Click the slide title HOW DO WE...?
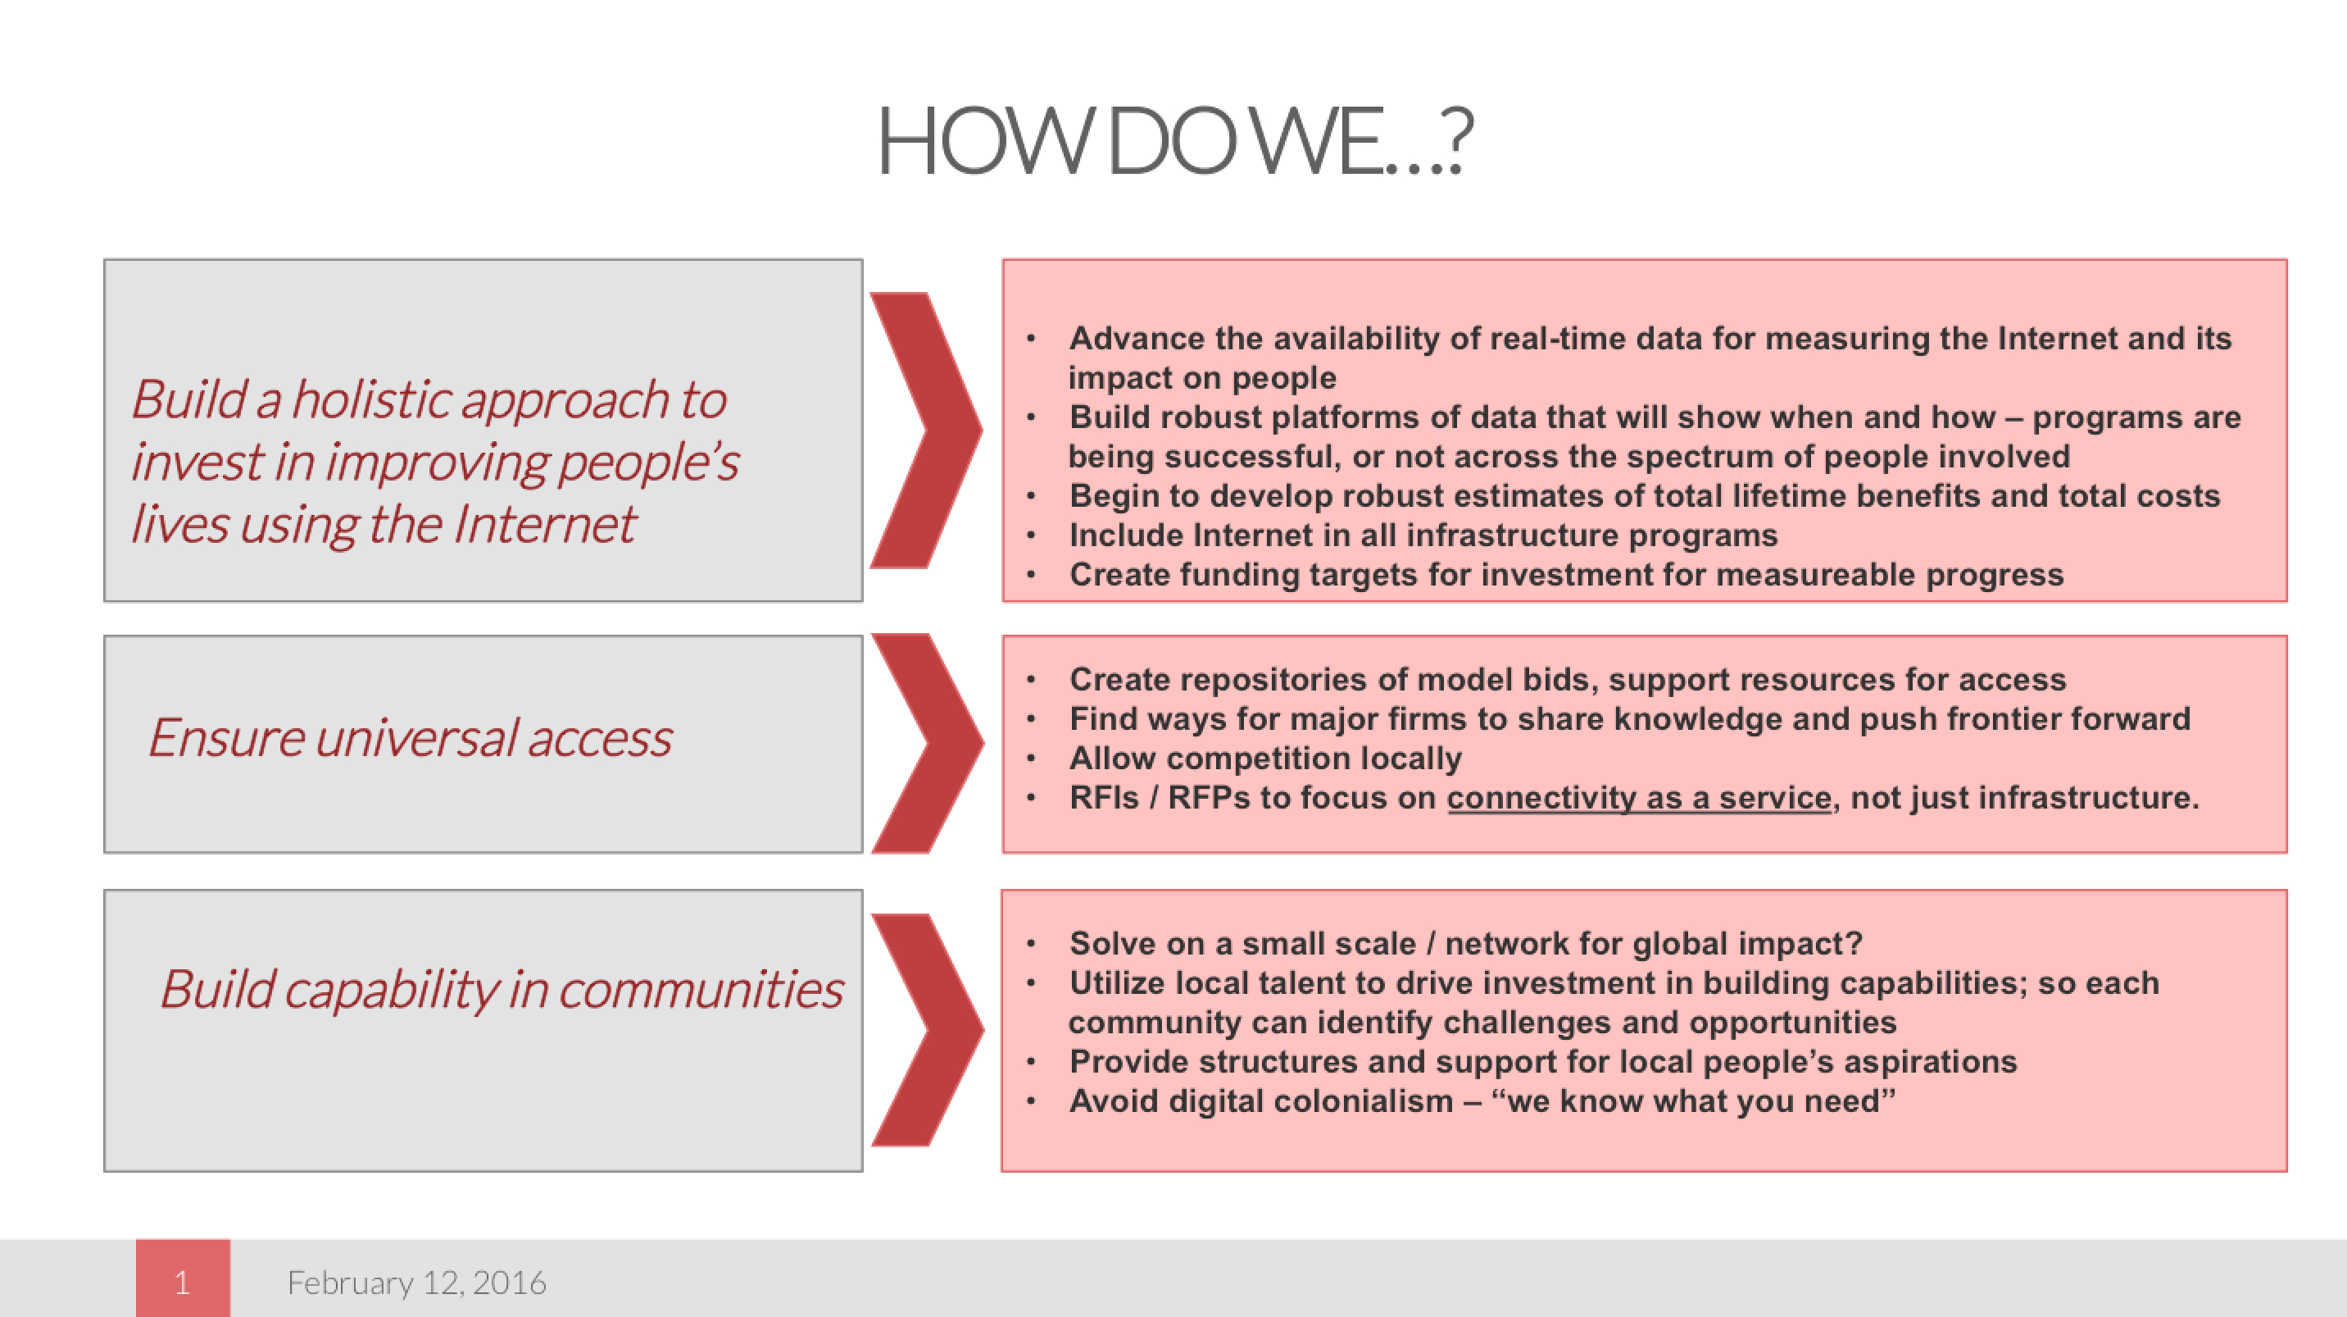coord(1174,141)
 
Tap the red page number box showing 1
coord(183,1278)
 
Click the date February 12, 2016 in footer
coord(416,1283)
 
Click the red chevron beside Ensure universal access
coord(927,743)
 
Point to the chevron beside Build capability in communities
coord(927,1029)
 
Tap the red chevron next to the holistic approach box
coord(926,431)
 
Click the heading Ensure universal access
coord(410,737)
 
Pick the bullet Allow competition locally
coord(1265,759)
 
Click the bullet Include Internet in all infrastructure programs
coord(1423,535)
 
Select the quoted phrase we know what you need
coord(1693,1101)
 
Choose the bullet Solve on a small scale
coord(1466,943)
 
